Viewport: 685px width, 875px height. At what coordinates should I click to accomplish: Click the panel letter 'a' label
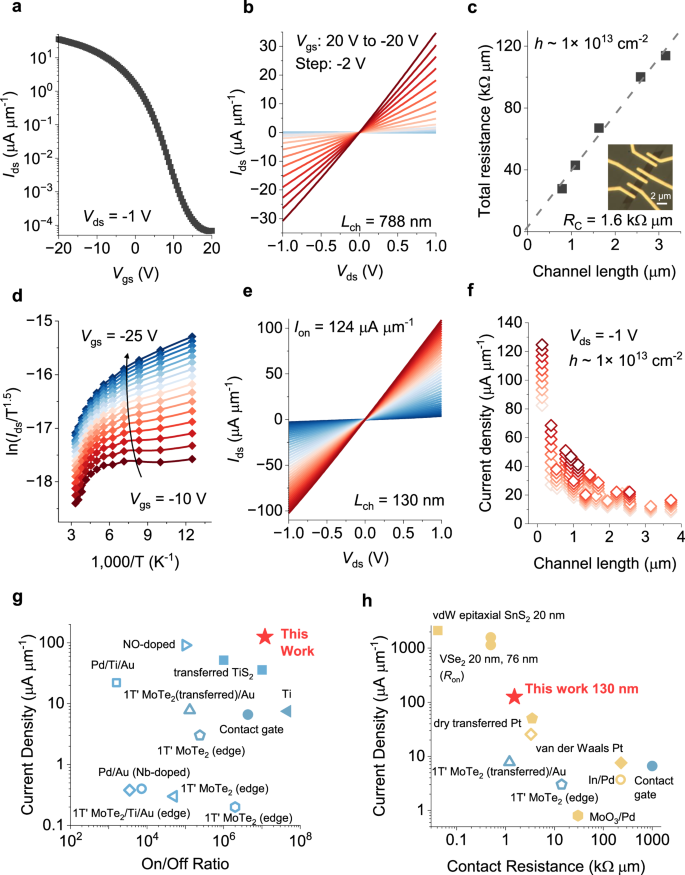point(8,9)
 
